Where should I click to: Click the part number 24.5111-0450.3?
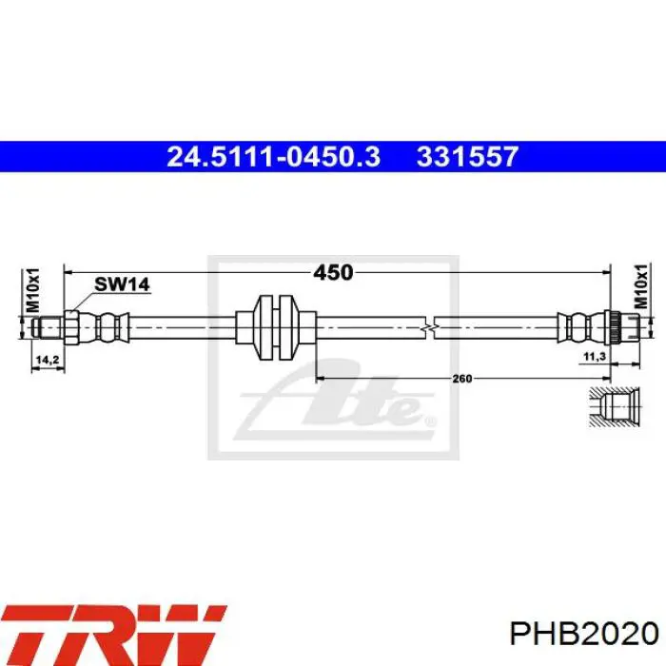point(274,156)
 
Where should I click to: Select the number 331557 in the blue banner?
point(467,156)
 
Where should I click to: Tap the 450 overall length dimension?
point(333,272)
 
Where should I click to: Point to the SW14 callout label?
point(122,284)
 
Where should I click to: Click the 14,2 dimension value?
point(48,360)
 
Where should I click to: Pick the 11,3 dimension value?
point(595,357)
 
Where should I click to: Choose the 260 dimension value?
point(461,378)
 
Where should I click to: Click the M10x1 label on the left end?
point(32,290)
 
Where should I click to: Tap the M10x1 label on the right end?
point(641,285)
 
